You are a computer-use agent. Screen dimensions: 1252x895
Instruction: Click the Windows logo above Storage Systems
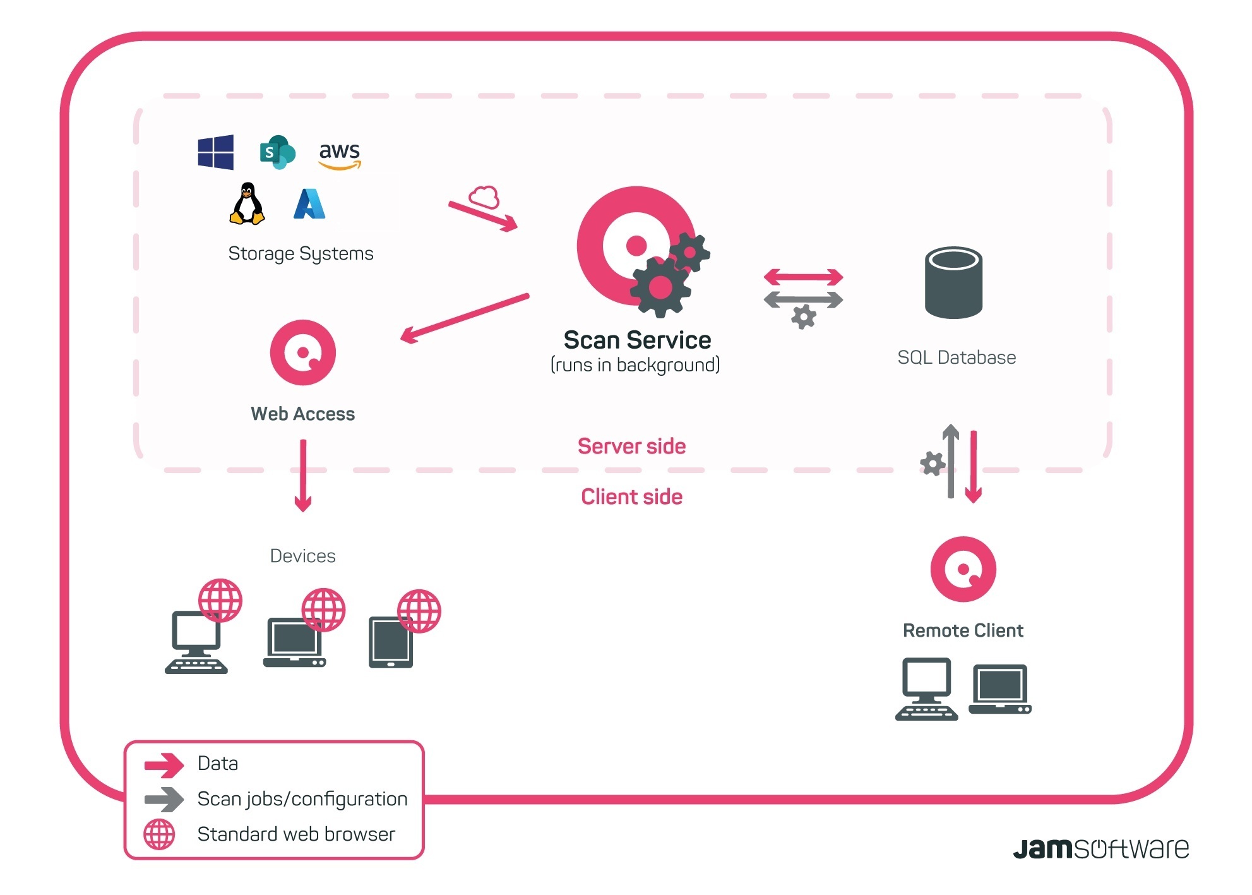(215, 152)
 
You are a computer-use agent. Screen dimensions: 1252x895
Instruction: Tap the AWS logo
(340, 155)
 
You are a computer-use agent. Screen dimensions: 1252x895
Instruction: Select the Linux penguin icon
(247, 203)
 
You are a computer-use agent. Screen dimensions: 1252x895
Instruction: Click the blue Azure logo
(309, 203)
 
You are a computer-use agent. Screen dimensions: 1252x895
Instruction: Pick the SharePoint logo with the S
(277, 152)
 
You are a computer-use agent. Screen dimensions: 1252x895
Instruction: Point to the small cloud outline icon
(484, 197)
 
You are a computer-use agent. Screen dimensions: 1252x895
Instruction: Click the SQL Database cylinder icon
(953, 282)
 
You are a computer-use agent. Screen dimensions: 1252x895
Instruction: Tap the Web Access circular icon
(303, 352)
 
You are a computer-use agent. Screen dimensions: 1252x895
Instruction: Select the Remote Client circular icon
(963, 569)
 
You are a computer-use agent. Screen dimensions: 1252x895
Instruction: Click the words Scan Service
(637, 340)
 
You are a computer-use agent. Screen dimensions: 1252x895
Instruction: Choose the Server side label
(631, 446)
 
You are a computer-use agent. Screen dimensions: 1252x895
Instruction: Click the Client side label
(631, 496)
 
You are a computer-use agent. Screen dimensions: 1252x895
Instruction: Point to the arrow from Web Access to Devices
(303, 476)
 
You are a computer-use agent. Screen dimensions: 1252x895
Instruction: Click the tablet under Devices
(391, 642)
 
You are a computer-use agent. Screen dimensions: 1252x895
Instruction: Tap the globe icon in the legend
(159, 834)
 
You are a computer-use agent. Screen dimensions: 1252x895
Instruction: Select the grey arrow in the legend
(164, 799)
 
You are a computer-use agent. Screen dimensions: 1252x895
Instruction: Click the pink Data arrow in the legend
(164, 765)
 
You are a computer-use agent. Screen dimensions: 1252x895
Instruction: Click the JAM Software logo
(1101, 848)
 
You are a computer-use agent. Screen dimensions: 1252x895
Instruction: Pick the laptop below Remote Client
(1000, 689)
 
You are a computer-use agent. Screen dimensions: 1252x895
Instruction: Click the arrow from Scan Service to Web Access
(465, 318)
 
